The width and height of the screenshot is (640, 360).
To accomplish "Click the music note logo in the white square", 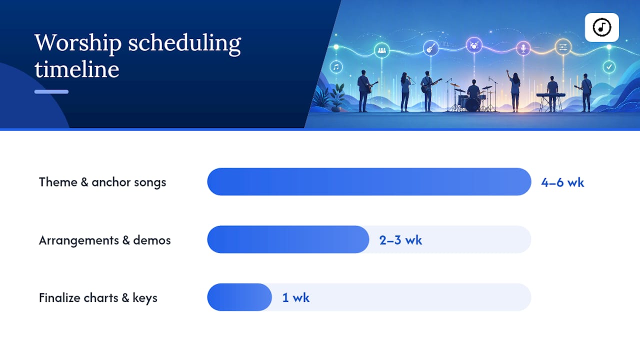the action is coord(601,27).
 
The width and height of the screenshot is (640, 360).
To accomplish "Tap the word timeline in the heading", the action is coord(77,69).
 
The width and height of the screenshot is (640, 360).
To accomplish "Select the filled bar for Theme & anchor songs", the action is coord(369,181).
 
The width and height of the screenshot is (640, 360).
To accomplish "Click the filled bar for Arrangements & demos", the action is coord(288,239).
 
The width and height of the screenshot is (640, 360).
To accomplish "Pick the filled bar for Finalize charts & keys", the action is coord(239,297).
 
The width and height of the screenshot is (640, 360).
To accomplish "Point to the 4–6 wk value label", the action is coord(562,182).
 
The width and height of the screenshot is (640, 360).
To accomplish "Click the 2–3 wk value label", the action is coord(400,240).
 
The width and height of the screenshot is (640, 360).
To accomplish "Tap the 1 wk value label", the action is coord(295,297).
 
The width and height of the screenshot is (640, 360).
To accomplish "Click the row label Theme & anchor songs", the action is coord(102,182).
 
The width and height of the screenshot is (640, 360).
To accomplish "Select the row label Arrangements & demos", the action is coord(104,240).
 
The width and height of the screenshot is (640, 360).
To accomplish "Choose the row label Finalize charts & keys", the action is coord(98,298).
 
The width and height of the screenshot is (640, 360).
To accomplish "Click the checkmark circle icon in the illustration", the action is coord(609,67).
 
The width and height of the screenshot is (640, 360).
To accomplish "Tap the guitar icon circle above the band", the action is coord(431,47).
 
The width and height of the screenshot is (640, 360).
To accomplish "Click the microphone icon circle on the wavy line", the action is coord(523,48).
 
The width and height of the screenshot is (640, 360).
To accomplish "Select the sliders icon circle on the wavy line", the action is coord(563,47).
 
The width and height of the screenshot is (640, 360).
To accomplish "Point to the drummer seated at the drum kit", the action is coord(473,90).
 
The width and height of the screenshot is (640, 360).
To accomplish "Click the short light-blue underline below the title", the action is coord(51,91).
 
